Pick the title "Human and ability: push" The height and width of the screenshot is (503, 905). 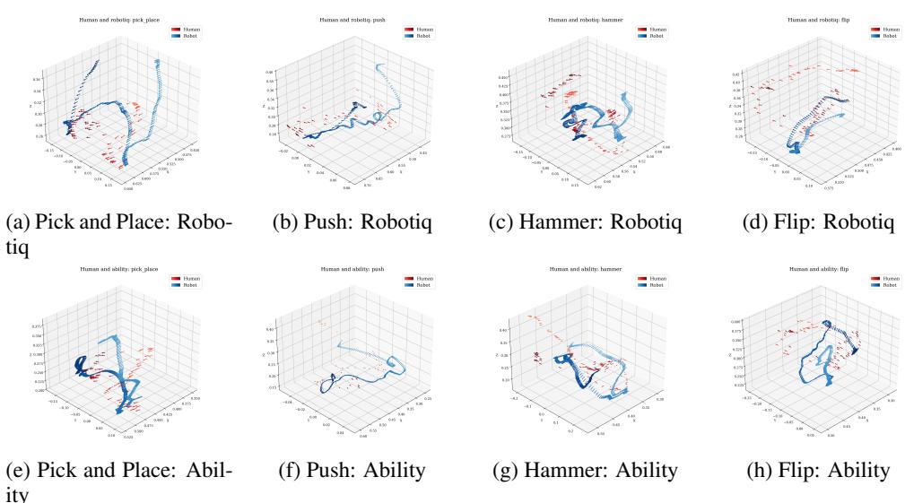tap(344, 268)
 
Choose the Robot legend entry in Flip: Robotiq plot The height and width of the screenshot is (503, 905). tap(879, 36)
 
